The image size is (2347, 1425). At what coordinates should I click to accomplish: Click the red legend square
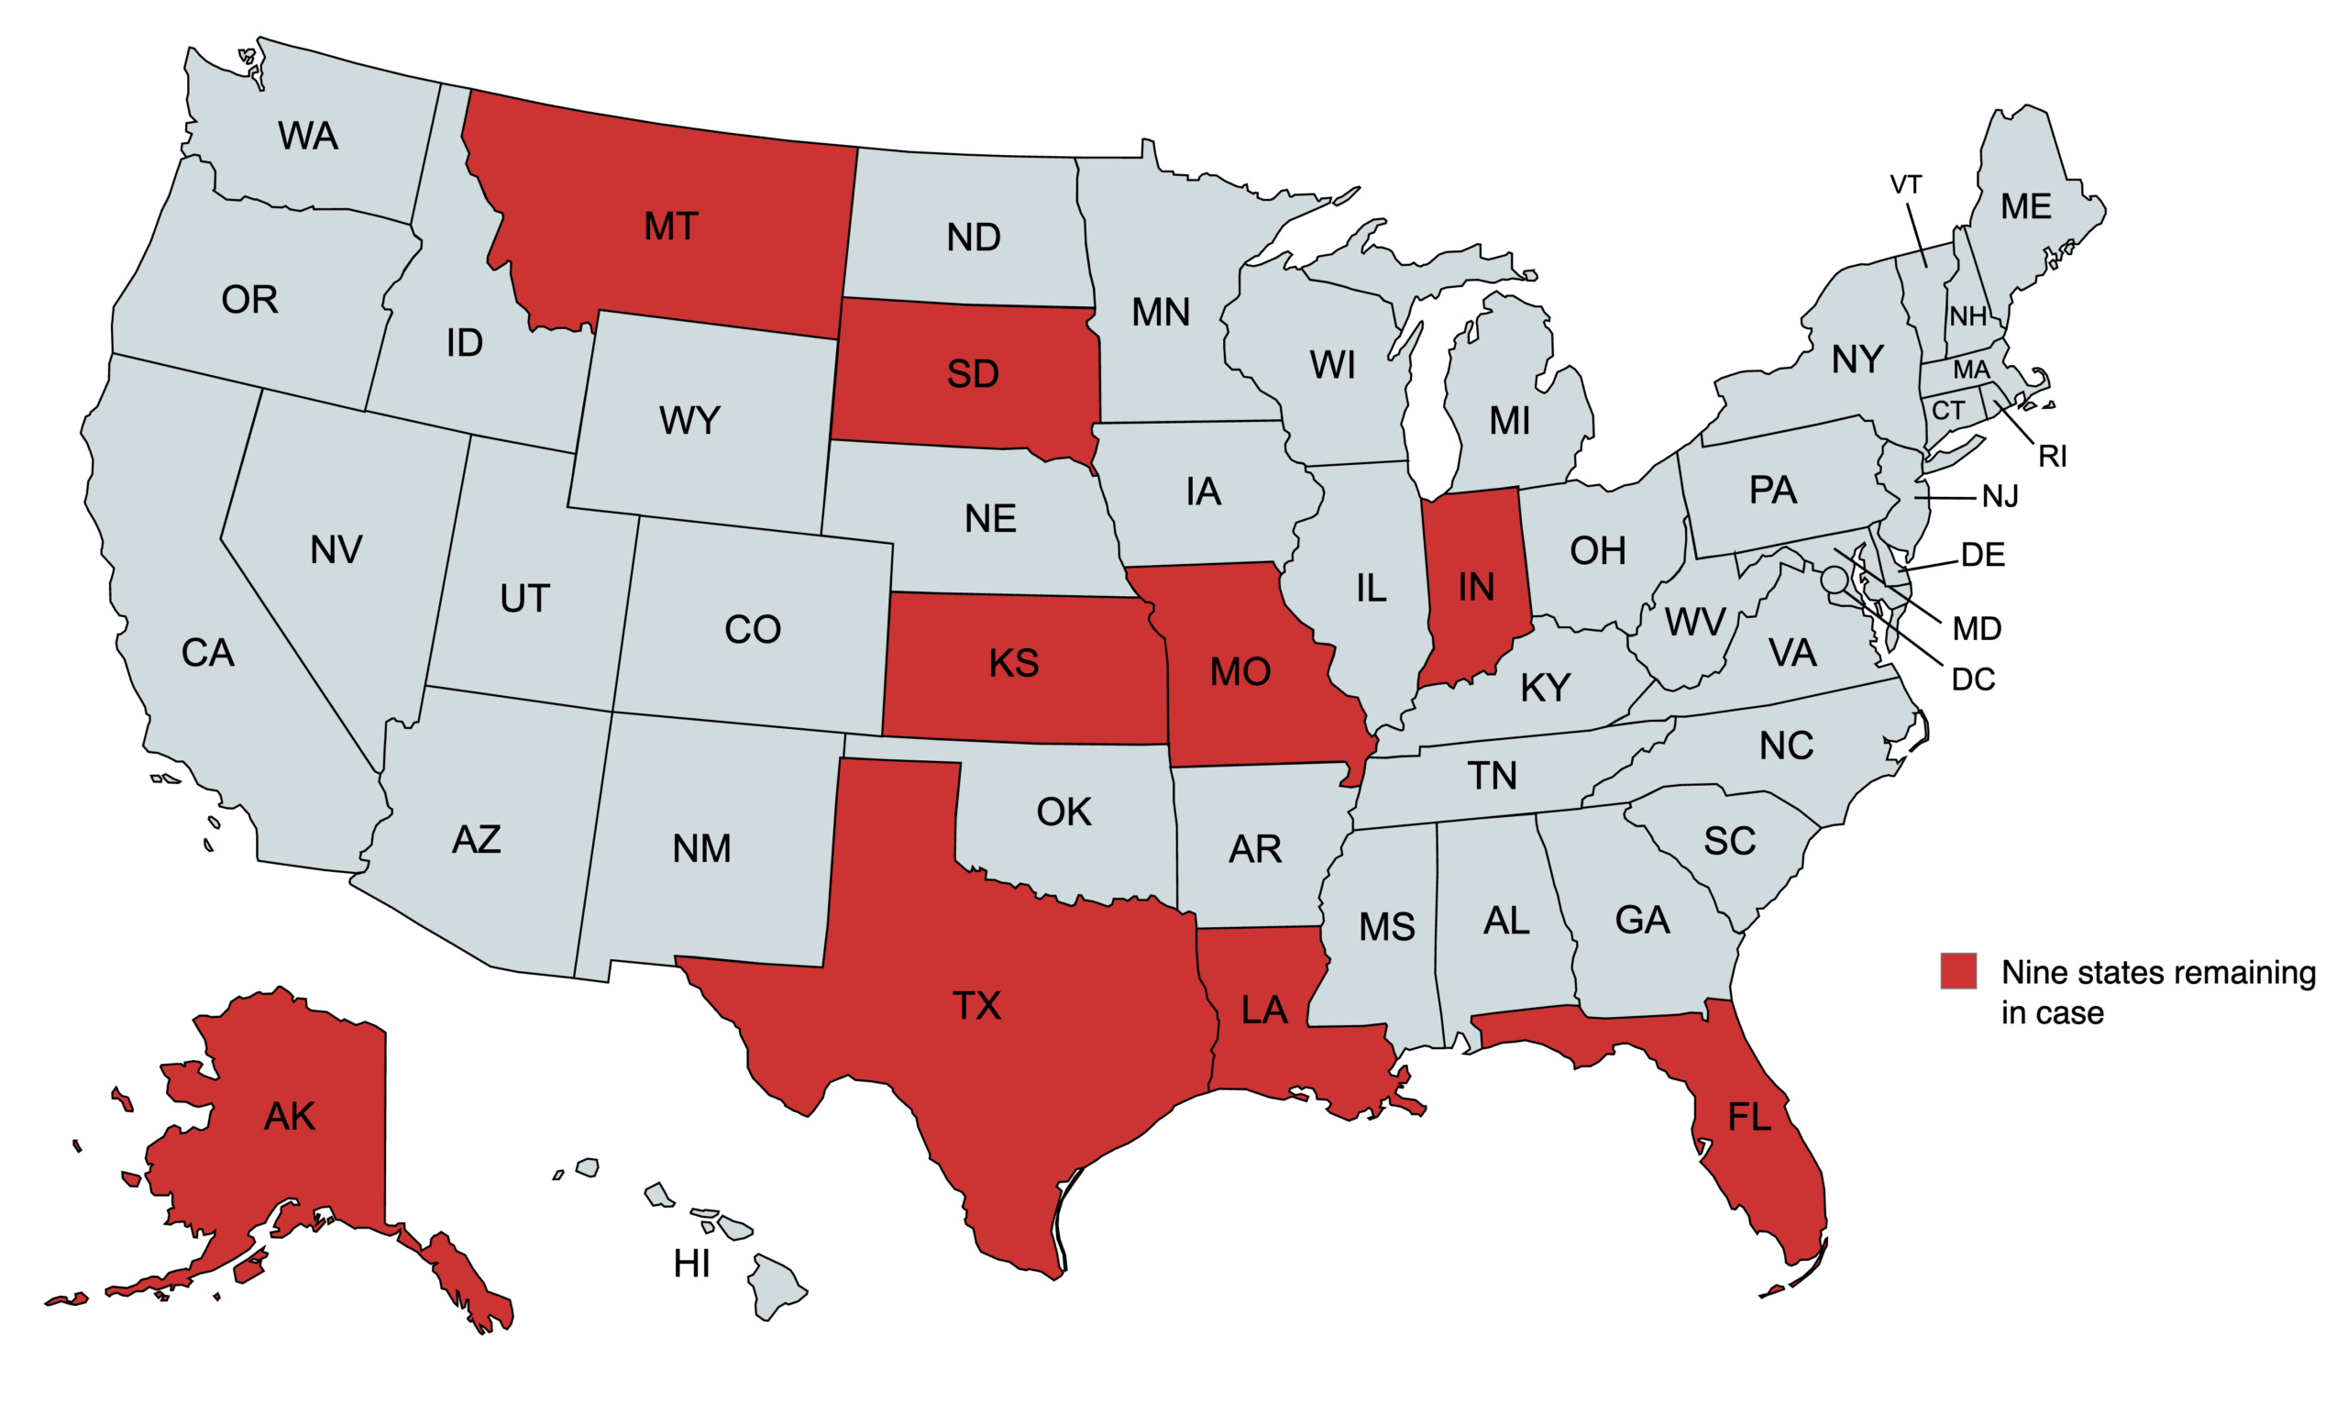1957,971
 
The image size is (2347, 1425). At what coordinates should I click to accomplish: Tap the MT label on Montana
670,226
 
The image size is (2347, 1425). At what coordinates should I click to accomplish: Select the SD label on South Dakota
973,374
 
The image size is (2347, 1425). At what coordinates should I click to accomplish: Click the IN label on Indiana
1475,588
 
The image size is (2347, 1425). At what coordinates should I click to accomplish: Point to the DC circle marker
1834,579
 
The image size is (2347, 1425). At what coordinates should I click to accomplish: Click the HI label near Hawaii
691,1264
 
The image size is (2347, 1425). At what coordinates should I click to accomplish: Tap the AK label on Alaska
289,1116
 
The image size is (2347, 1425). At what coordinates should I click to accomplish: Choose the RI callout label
2052,458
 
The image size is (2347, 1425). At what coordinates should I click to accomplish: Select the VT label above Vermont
1905,185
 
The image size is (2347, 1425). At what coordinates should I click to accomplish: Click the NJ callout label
2000,497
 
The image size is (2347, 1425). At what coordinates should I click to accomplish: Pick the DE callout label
1982,556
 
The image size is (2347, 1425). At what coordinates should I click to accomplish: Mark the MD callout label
1977,629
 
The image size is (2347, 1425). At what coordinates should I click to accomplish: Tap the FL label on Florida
1749,1116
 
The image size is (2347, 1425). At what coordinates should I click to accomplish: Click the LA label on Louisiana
1264,1010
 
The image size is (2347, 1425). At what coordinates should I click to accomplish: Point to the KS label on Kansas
1013,663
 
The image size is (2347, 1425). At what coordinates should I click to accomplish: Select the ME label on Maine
2025,206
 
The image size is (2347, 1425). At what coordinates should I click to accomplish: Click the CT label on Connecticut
1948,411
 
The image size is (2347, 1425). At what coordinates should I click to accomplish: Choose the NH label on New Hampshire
1967,316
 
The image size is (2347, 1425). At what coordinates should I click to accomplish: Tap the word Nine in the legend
2033,973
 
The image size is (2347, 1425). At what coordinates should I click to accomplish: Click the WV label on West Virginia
1693,623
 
